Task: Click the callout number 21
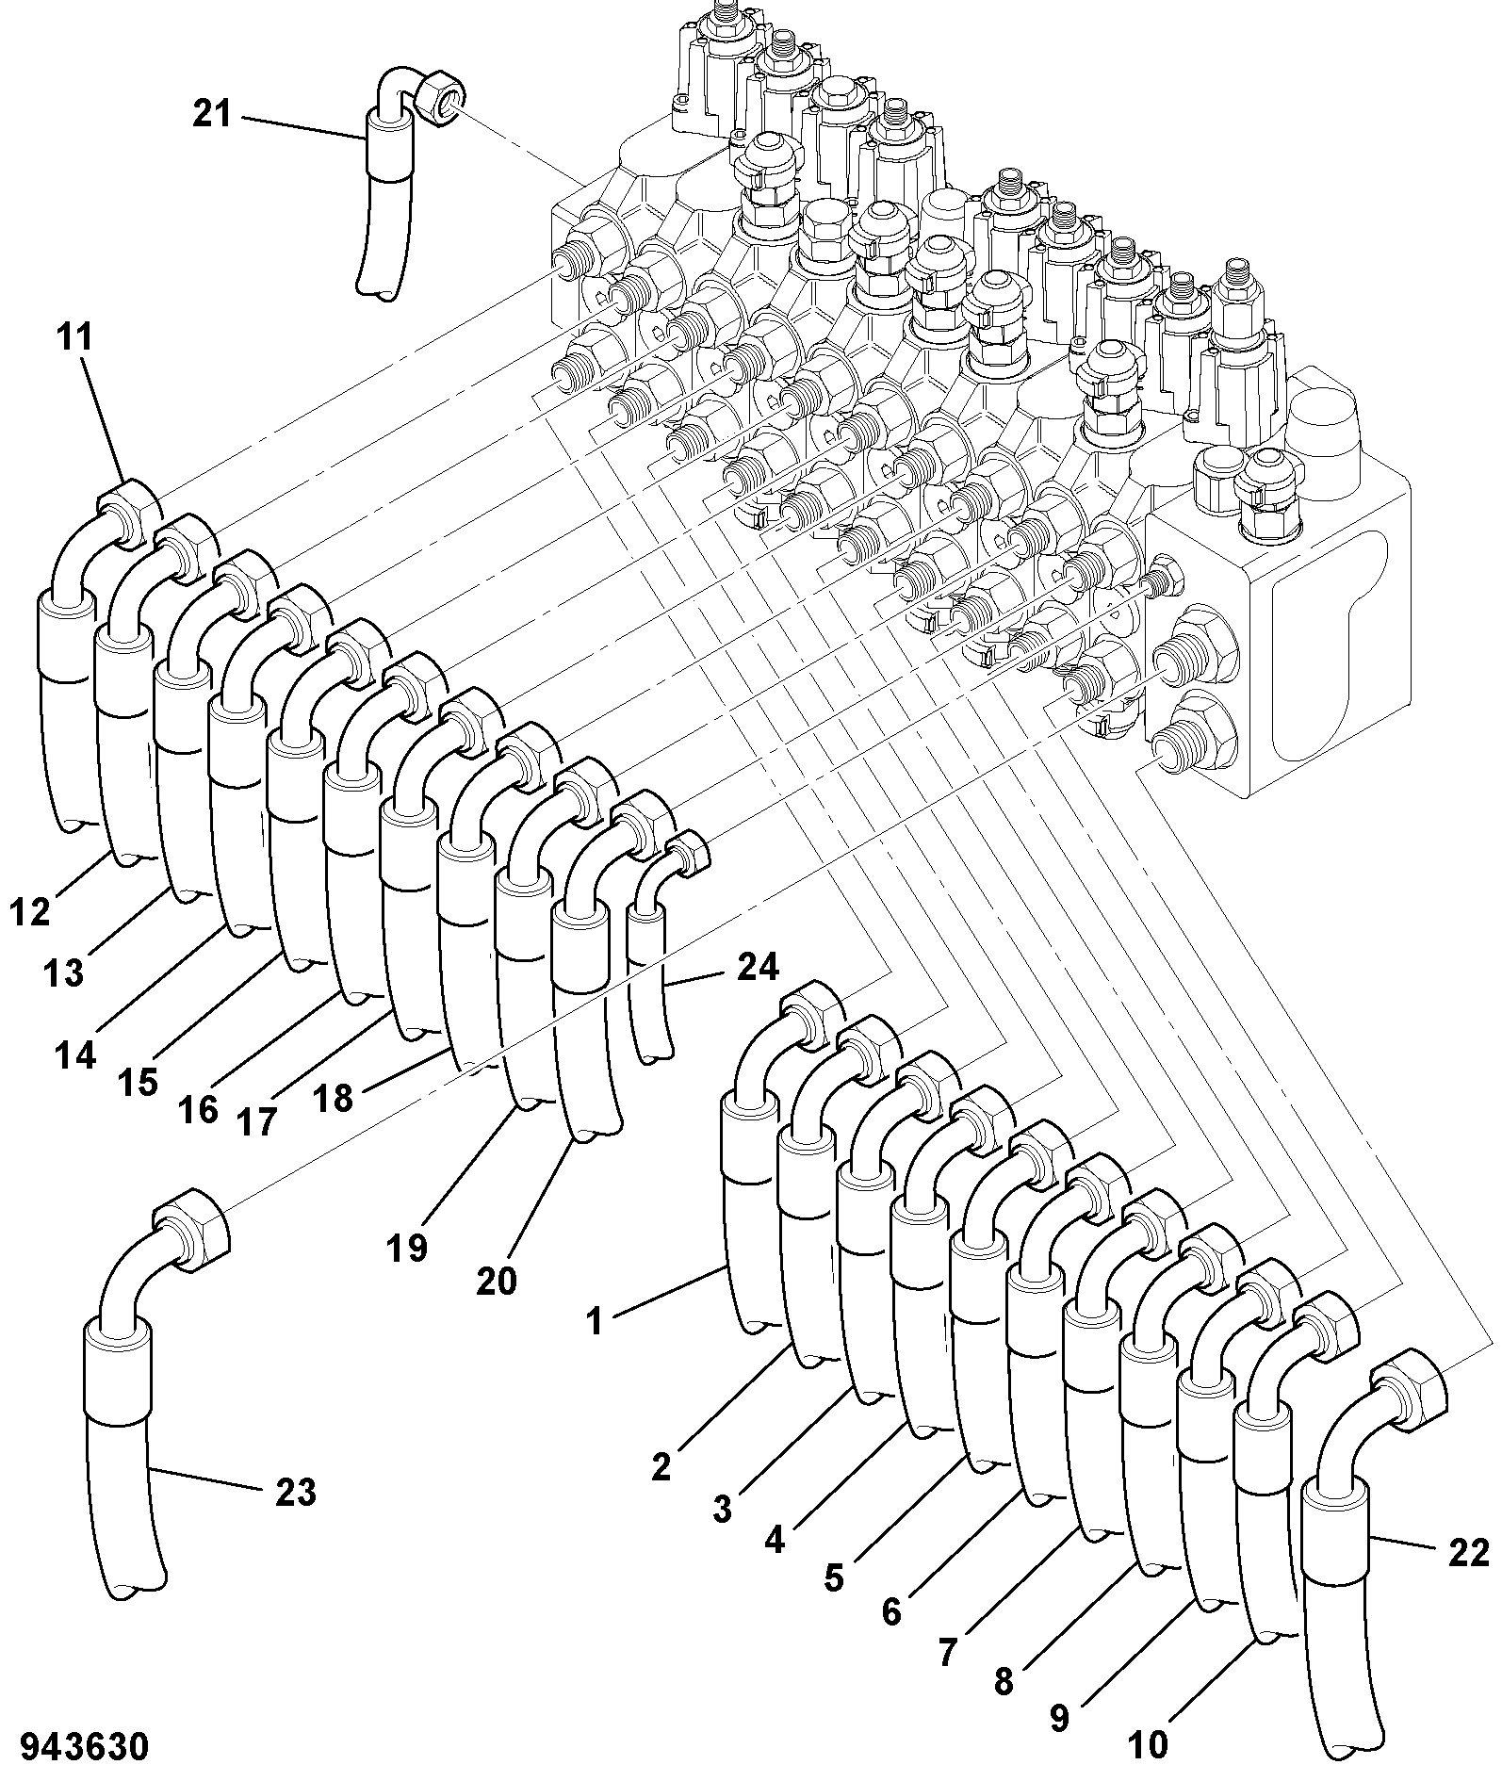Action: [x=212, y=114]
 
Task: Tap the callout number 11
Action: [x=75, y=336]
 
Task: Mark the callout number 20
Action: [x=497, y=1281]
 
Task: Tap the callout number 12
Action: [x=30, y=911]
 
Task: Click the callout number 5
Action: [x=833, y=1577]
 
